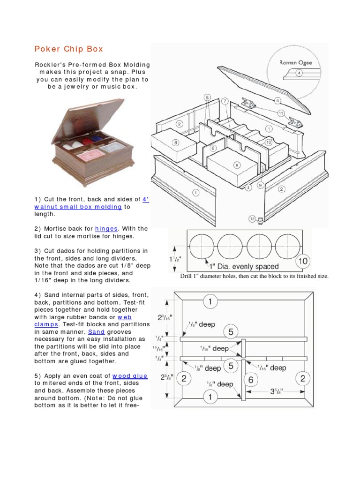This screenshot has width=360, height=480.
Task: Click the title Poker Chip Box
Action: click(69, 49)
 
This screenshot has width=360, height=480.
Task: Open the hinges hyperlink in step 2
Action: click(106, 229)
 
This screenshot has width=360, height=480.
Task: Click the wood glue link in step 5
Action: click(130, 376)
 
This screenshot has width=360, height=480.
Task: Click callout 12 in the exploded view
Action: click(252, 218)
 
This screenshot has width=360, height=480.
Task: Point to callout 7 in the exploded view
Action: click(225, 101)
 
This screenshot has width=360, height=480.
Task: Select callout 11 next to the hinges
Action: click(281, 113)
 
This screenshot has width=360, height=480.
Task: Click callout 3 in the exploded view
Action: click(248, 187)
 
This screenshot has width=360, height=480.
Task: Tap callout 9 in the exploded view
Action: click(260, 185)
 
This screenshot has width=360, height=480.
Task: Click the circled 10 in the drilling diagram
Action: click(303, 260)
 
